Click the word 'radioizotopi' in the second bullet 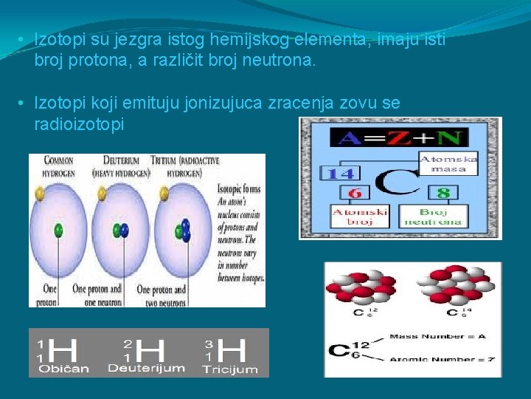tap(79, 125)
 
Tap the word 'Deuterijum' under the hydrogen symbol tap(146, 367)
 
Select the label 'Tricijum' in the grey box tap(229, 368)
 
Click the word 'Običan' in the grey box tap(65, 367)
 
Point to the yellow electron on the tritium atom tap(159, 195)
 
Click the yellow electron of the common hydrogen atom tap(38, 194)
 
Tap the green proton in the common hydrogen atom tap(58, 230)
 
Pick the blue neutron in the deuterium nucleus tap(124, 230)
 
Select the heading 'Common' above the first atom tap(59, 160)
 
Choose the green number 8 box tap(442, 193)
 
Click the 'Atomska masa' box tap(448, 164)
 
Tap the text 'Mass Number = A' tap(438, 336)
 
